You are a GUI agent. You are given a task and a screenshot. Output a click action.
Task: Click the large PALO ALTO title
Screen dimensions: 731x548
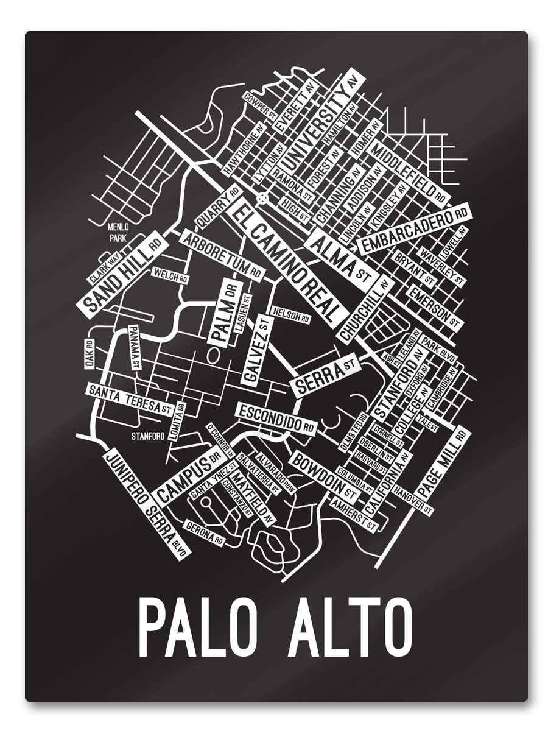pyautogui.click(x=275, y=627)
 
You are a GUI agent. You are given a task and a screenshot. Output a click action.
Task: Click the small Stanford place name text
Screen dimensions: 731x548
pyautogui.click(x=148, y=436)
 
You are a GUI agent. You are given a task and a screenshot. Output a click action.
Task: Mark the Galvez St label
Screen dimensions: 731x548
pyautogui.click(x=255, y=350)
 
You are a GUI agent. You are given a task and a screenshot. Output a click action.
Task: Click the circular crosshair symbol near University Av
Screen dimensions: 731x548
pyautogui.click(x=262, y=198)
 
